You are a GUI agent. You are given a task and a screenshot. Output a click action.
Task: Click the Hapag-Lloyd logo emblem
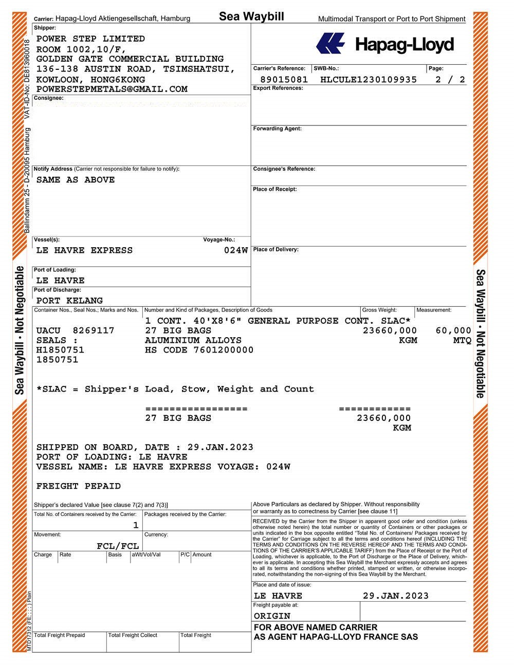click(x=330, y=43)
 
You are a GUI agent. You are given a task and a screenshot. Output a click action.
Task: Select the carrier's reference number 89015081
click(x=284, y=80)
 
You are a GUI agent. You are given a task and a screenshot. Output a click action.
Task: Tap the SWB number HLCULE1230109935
click(x=369, y=80)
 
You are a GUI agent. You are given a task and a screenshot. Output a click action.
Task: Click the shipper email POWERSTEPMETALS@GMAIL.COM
click(x=112, y=89)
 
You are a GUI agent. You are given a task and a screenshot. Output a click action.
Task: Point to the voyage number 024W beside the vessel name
click(x=236, y=251)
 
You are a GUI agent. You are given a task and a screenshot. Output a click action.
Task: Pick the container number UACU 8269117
click(x=75, y=330)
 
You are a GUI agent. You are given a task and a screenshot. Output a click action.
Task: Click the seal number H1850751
click(x=60, y=350)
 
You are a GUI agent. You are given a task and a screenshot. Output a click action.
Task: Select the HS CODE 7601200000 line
click(x=199, y=350)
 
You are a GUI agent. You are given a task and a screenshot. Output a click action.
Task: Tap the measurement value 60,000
click(x=453, y=330)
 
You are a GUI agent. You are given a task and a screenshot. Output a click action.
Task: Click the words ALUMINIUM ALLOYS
click(x=193, y=340)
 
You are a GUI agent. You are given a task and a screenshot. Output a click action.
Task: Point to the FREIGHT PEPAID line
click(x=79, y=486)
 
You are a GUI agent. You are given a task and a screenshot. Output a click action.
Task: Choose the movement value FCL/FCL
click(x=118, y=546)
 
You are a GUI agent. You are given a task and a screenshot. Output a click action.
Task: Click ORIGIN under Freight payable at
click(x=272, y=616)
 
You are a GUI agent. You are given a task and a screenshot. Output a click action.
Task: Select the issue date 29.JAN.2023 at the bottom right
click(x=395, y=596)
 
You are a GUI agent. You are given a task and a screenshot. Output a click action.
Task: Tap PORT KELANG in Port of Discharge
click(x=69, y=301)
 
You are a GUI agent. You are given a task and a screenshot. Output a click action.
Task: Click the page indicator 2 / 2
click(x=450, y=80)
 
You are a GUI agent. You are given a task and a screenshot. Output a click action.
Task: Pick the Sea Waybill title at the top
click(x=251, y=16)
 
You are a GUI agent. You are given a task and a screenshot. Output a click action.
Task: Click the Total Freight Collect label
click(x=133, y=635)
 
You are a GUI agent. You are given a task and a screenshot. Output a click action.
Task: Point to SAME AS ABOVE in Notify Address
click(x=76, y=180)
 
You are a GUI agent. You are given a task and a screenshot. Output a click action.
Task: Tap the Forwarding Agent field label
click(x=277, y=128)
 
